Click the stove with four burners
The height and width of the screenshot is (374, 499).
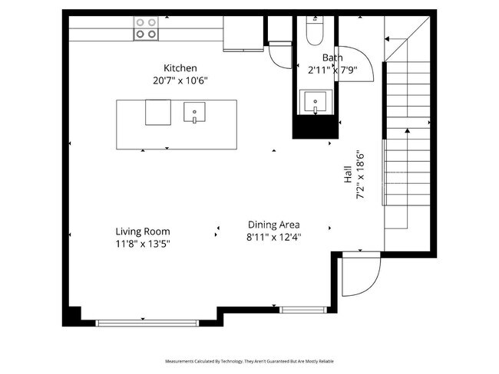146,28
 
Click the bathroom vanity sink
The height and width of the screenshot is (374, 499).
316,101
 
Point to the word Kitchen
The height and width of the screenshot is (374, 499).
180,68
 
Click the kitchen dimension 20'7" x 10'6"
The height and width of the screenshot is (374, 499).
180,80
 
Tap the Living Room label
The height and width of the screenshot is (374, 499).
143,231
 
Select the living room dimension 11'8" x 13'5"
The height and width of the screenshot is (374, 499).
143,244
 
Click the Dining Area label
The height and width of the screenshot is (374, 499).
273,225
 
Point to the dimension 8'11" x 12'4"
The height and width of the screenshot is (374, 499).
273,237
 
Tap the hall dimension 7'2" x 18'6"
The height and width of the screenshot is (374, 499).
359,176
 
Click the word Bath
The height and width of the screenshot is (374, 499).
332,57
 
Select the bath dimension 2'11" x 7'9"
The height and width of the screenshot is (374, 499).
332,69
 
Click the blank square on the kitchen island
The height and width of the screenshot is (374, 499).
158,112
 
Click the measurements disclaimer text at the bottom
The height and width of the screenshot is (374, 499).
249,360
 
